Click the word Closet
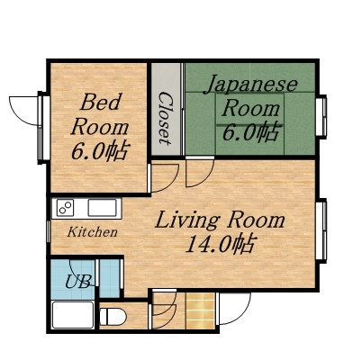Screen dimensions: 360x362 pyautogui.click(x=166, y=117)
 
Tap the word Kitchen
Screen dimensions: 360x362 pyautogui.click(x=93, y=232)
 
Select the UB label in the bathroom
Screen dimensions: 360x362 pyautogui.click(x=77, y=281)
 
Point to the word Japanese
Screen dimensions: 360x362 pyautogui.click(x=251, y=85)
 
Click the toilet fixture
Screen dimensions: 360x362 pyautogui.click(x=113, y=316)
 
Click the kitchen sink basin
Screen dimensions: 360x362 pyautogui.click(x=101, y=209)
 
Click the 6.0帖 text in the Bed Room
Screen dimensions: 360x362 pyautogui.click(x=97, y=149)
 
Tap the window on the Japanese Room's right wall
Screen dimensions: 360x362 pyautogui.click(x=322, y=117)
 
